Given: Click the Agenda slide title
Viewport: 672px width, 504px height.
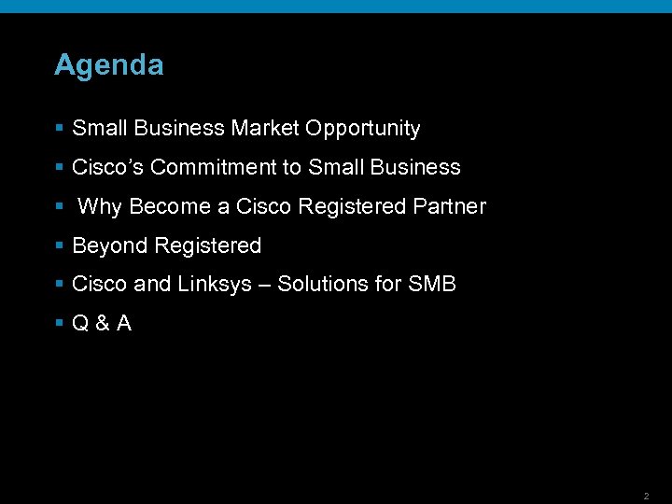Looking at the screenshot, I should click(108, 65).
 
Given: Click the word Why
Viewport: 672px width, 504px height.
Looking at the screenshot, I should click(100, 207).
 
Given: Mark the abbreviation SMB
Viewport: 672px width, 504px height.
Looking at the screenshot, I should click(432, 285).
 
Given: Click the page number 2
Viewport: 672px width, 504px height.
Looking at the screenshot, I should click(646, 496).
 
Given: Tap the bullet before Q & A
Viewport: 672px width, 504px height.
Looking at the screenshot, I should click(59, 324).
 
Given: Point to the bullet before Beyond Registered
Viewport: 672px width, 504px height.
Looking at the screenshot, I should click(59, 246).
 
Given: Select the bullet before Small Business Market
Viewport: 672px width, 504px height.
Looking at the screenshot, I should click(59, 129).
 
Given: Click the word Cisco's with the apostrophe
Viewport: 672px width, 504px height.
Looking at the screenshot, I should click(107, 168).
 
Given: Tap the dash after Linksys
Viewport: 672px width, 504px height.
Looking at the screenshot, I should click(265, 285).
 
